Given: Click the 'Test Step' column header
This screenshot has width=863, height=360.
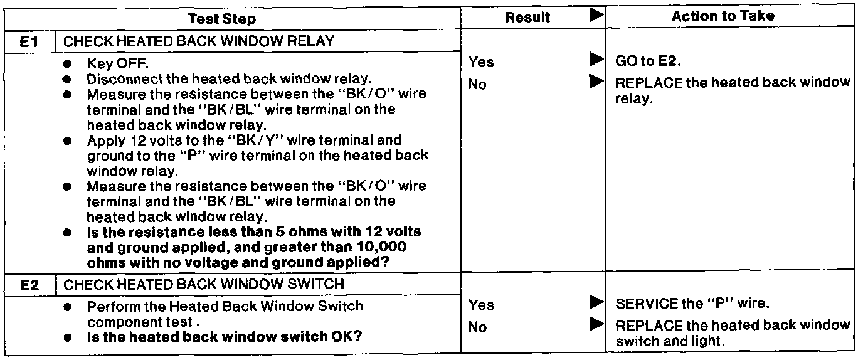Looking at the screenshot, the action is (222, 19).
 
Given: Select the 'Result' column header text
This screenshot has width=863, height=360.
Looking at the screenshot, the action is (527, 18).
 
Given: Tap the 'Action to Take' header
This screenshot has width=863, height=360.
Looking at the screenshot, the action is (723, 16).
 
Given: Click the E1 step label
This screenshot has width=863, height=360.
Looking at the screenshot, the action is (29, 41).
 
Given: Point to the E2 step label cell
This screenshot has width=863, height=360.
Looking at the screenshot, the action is (29, 285).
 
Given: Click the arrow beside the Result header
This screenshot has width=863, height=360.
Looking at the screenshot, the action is (596, 15).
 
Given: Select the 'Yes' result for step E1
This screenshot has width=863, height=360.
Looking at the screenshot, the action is (481, 62).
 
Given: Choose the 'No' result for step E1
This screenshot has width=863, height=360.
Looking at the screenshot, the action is (477, 84).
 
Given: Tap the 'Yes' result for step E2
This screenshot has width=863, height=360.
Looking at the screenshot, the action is (481, 305).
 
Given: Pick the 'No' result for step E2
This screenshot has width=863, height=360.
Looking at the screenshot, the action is (478, 327).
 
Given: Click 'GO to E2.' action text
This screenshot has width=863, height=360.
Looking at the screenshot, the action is (648, 61).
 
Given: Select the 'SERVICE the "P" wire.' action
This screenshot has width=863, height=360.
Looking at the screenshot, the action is (692, 304).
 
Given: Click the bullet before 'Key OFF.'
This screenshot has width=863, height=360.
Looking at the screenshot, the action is (68, 63).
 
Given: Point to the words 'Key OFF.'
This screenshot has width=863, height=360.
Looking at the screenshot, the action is (117, 63).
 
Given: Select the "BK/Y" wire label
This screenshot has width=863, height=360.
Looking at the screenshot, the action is (257, 140).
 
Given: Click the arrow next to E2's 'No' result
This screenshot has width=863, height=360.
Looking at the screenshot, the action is (596, 324).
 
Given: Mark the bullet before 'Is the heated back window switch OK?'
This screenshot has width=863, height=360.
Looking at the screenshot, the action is (68, 337).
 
